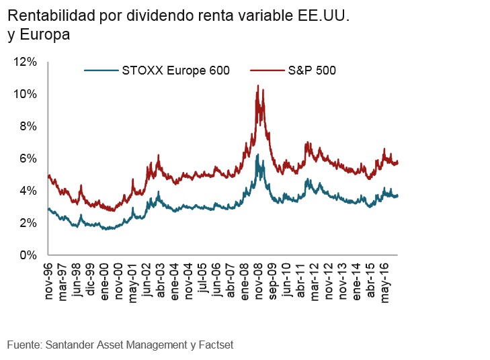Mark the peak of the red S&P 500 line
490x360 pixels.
(258, 86)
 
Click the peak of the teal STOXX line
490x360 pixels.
(257, 155)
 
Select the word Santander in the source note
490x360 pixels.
(69, 345)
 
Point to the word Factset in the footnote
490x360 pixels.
(214, 345)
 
